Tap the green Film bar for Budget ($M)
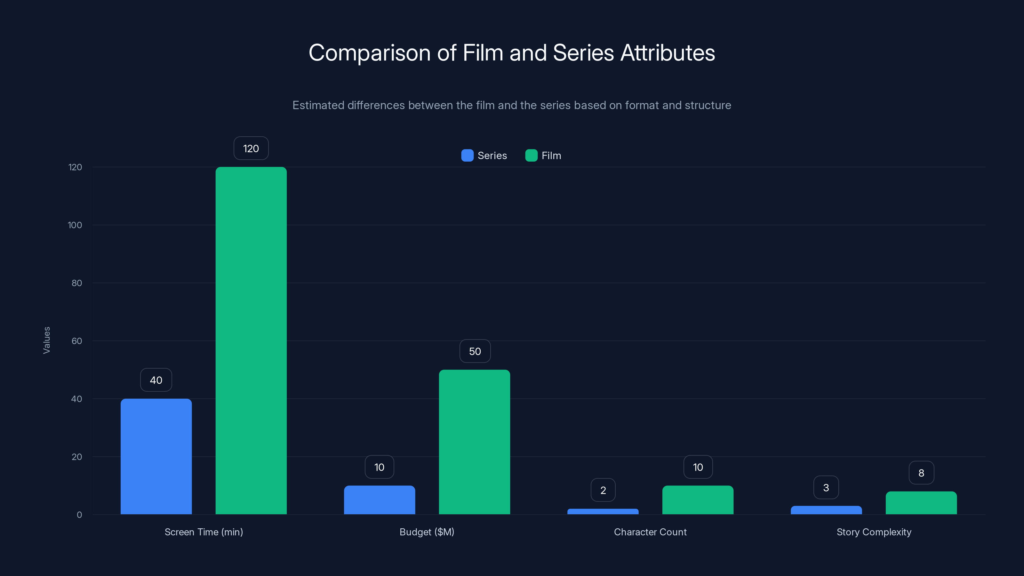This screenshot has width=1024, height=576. coord(474,442)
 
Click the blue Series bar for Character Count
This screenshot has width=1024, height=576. coord(603,511)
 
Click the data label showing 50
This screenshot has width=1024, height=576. coord(475,351)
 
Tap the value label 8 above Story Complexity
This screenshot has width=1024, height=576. coord(921,473)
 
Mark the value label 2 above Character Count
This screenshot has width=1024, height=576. coord(603,490)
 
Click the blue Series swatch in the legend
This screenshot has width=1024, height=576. coord(467,156)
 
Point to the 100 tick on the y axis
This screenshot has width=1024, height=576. coord(75,225)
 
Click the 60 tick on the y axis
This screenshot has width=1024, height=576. coord(76,341)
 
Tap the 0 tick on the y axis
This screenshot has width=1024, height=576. coord(79,515)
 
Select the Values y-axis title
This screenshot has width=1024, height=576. coord(46,340)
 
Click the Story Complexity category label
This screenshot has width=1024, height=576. coord(874,532)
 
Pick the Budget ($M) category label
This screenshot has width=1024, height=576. coord(427,532)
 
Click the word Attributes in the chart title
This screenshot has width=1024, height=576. coord(668,53)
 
